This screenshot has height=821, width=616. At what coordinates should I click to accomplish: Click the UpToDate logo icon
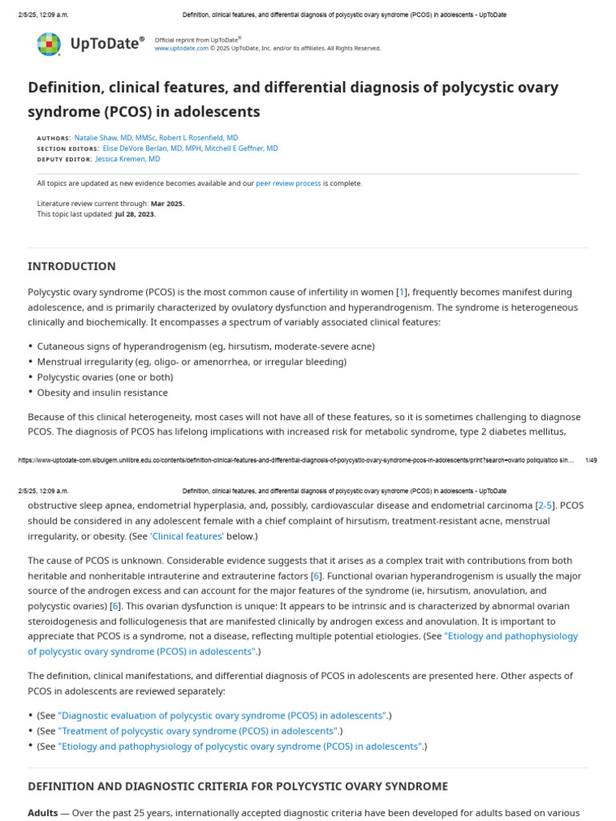pyautogui.click(x=49, y=44)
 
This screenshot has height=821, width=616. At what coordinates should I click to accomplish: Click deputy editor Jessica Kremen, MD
pyautogui.click(x=128, y=159)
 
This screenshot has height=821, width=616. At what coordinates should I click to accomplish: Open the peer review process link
pyautogui.click(x=288, y=184)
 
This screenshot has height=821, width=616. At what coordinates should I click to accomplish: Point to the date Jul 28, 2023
pyautogui.click(x=135, y=214)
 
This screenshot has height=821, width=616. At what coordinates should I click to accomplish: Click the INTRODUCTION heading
pyautogui.click(x=71, y=266)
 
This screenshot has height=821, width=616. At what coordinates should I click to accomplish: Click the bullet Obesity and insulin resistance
pyautogui.click(x=102, y=393)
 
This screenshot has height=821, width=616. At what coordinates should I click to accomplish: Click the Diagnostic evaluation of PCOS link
pyautogui.click(x=222, y=715)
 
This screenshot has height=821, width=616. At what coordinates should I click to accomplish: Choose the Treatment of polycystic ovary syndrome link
pyautogui.click(x=198, y=731)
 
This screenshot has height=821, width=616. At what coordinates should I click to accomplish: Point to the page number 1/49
pyautogui.click(x=591, y=460)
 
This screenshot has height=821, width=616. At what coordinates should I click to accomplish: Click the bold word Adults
pyautogui.click(x=43, y=812)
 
